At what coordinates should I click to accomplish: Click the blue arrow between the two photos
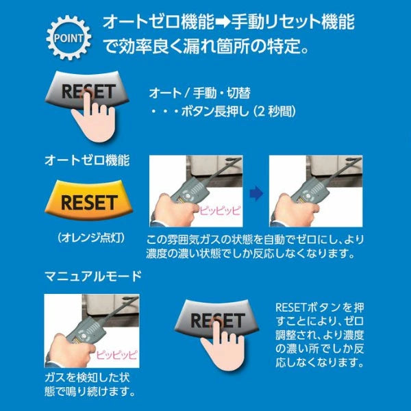(255, 195)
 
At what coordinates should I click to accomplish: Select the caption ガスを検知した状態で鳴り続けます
(88, 385)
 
